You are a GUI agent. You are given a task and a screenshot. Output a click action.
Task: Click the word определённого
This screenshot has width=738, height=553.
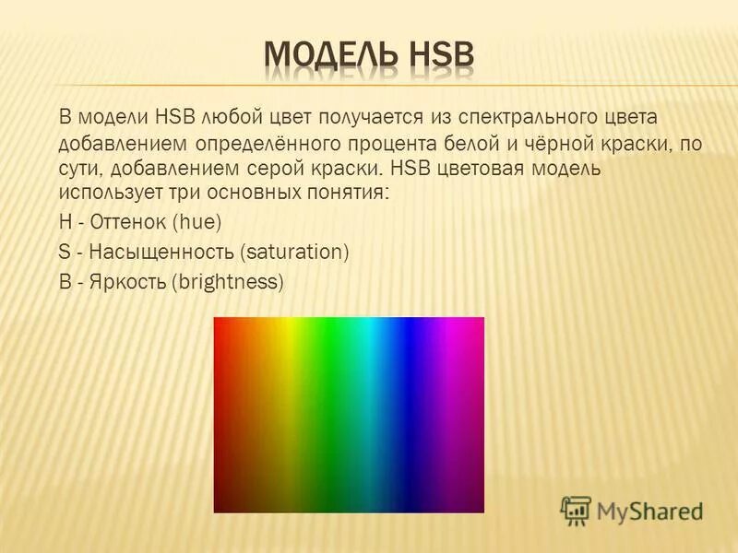[x=268, y=145]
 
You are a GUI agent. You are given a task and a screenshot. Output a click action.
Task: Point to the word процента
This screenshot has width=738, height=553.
[x=399, y=145]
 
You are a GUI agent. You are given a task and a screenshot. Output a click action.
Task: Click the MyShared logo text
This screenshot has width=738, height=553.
[x=649, y=509]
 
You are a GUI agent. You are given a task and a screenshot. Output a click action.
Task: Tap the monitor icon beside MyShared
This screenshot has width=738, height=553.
[x=576, y=510]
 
